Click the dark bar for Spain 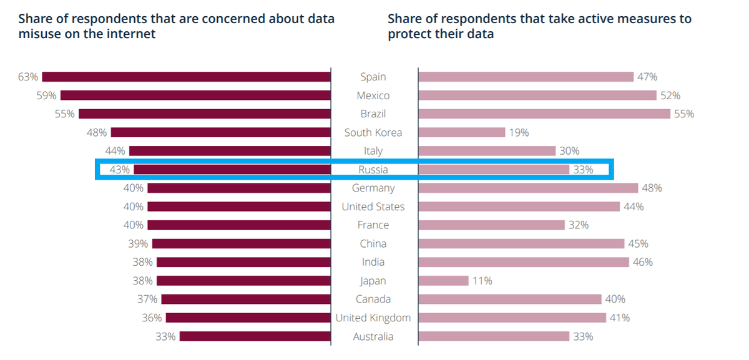[x=186, y=77]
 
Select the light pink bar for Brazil [x=544, y=114]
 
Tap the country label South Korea [x=373, y=132]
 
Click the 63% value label [x=28, y=77]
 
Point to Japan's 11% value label [x=482, y=281]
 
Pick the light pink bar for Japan [x=443, y=281]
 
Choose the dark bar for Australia [x=255, y=336]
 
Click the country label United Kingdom [x=373, y=318]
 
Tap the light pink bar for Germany [x=528, y=188]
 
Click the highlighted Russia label [x=373, y=170]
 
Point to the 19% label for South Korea [x=519, y=132]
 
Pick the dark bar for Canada [x=246, y=299]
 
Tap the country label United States [x=373, y=207]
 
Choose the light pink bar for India [x=524, y=262]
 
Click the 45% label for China [x=638, y=243]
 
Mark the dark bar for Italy [x=230, y=151]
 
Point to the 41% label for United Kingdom [x=620, y=318]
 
